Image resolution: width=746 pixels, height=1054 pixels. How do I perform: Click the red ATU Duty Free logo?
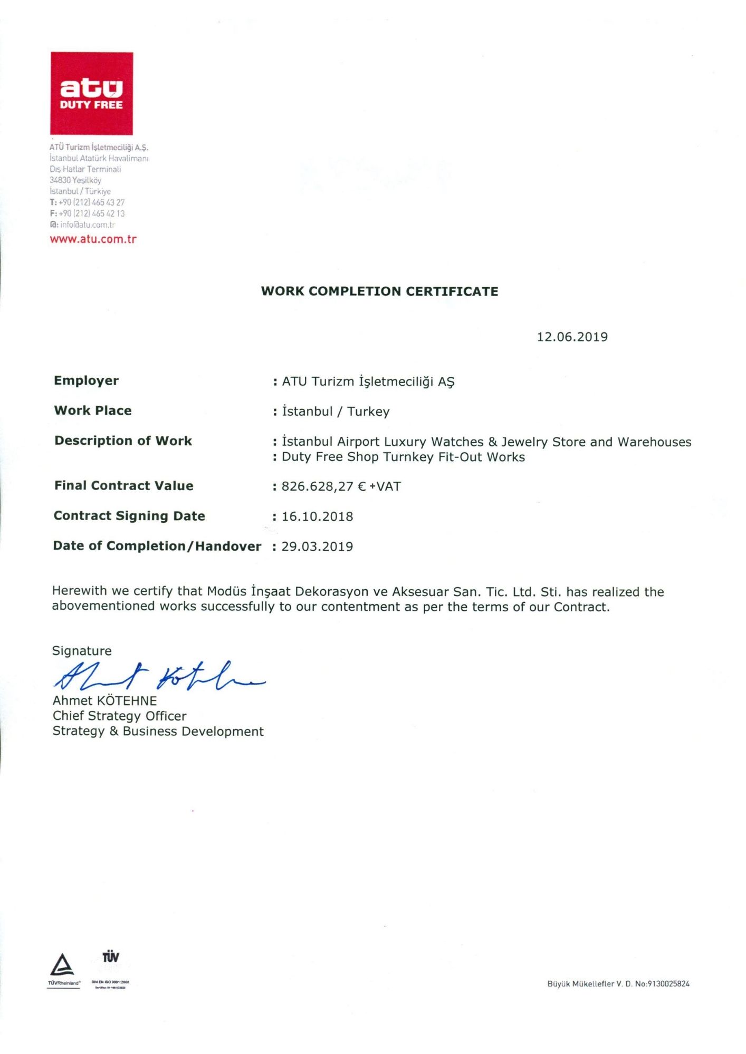click(x=91, y=93)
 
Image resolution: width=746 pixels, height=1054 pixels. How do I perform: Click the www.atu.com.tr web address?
click(x=93, y=239)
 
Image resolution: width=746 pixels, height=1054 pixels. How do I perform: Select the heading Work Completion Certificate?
click(x=379, y=291)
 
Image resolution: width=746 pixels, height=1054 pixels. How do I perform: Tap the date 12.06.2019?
click(x=572, y=337)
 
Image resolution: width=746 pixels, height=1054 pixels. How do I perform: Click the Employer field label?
click(x=86, y=380)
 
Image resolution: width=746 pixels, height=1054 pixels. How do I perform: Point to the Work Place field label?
click(x=93, y=411)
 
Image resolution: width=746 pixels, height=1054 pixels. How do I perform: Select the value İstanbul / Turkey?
click(x=336, y=412)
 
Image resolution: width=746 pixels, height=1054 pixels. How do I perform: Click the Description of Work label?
click(x=123, y=441)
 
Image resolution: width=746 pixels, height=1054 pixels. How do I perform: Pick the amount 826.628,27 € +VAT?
click(x=341, y=486)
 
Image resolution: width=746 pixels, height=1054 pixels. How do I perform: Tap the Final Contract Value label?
click(x=124, y=485)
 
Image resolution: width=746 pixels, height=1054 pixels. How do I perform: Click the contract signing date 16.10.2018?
click(x=317, y=516)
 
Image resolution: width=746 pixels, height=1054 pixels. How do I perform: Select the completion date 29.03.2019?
click(x=317, y=546)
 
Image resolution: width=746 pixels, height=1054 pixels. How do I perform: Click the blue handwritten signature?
click(x=158, y=676)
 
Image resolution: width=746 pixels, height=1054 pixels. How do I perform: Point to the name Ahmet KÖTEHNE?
click(x=104, y=701)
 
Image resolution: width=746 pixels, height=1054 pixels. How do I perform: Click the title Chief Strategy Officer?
click(x=119, y=716)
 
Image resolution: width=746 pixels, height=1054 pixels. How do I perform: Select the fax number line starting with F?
click(x=87, y=213)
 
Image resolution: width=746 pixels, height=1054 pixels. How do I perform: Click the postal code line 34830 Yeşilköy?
click(x=75, y=180)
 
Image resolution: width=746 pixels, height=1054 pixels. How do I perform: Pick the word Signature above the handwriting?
click(x=82, y=651)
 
